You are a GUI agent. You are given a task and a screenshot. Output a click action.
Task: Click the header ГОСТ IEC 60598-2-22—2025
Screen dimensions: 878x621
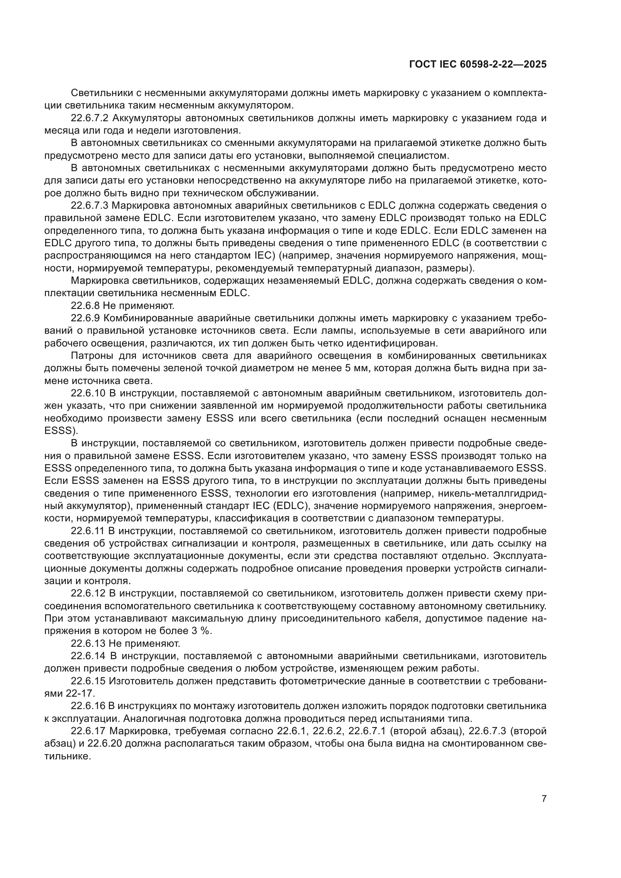coord(478,64)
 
